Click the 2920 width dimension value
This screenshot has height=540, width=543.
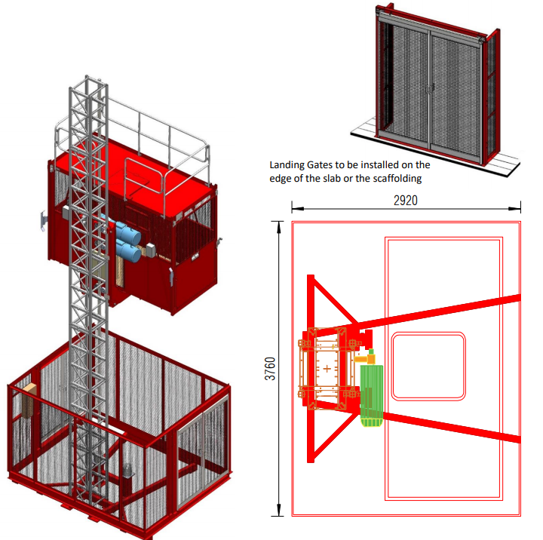point(406,201)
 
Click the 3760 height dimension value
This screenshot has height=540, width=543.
point(270,369)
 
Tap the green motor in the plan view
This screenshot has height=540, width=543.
point(372,395)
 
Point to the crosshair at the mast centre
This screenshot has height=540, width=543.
point(327,369)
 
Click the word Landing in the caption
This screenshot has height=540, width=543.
point(284,165)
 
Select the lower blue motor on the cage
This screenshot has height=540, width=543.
point(128,250)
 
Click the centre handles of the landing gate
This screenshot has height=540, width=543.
point(429,89)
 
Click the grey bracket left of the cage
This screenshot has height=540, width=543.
point(43,221)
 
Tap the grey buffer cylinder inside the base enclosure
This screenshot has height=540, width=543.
point(128,471)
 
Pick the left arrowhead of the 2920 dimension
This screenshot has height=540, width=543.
point(297,208)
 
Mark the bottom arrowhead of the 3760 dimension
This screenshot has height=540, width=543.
point(278,511)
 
